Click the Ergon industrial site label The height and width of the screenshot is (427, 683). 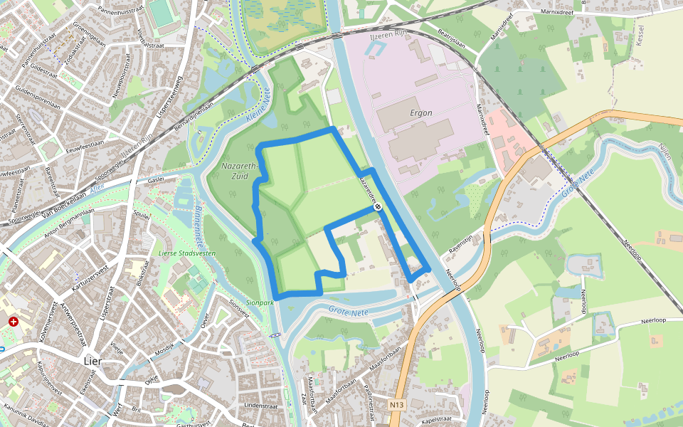click(x=421, y=112)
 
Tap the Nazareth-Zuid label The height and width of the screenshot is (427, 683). click(x=238, y=171)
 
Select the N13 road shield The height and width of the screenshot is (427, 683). click(x=397, y=405)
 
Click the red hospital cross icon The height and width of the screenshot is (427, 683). click(x=13, y=322)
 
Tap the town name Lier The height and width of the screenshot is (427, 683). click(x=92, y=361)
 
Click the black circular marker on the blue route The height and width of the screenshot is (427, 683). click(x=378, y=208)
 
